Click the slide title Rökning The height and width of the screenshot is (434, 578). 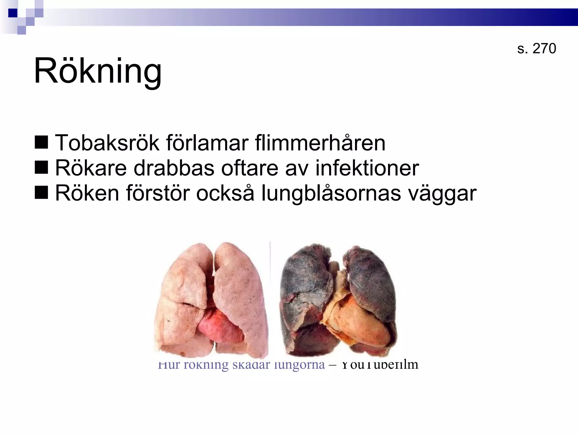point(98,71)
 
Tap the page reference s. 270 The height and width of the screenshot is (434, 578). point(537,48)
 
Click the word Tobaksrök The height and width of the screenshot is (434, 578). point(107,143)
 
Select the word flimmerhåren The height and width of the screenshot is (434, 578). point(320,143)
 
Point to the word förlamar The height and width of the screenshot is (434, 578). point(207,143)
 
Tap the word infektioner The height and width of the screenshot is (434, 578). point(367,168)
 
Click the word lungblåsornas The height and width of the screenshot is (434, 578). point(331,194)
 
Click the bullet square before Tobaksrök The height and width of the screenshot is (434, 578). point(41,142)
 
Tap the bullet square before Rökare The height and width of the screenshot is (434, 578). point(41,168)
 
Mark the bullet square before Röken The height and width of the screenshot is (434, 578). point(41,193)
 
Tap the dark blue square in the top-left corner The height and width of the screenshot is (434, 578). point(13,13)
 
